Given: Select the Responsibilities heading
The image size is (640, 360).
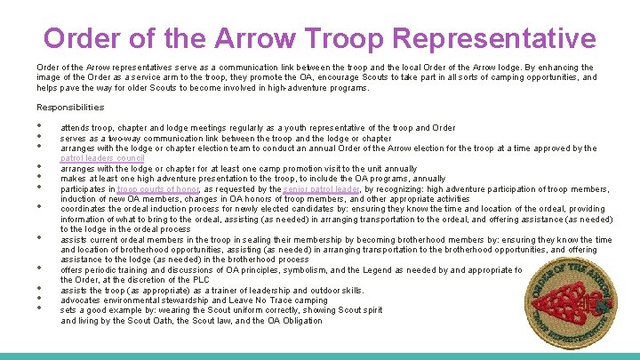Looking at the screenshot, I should point(70,108).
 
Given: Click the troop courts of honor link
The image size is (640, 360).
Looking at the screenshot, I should point(159,188).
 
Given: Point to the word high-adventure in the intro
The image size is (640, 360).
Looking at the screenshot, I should point(263,88).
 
